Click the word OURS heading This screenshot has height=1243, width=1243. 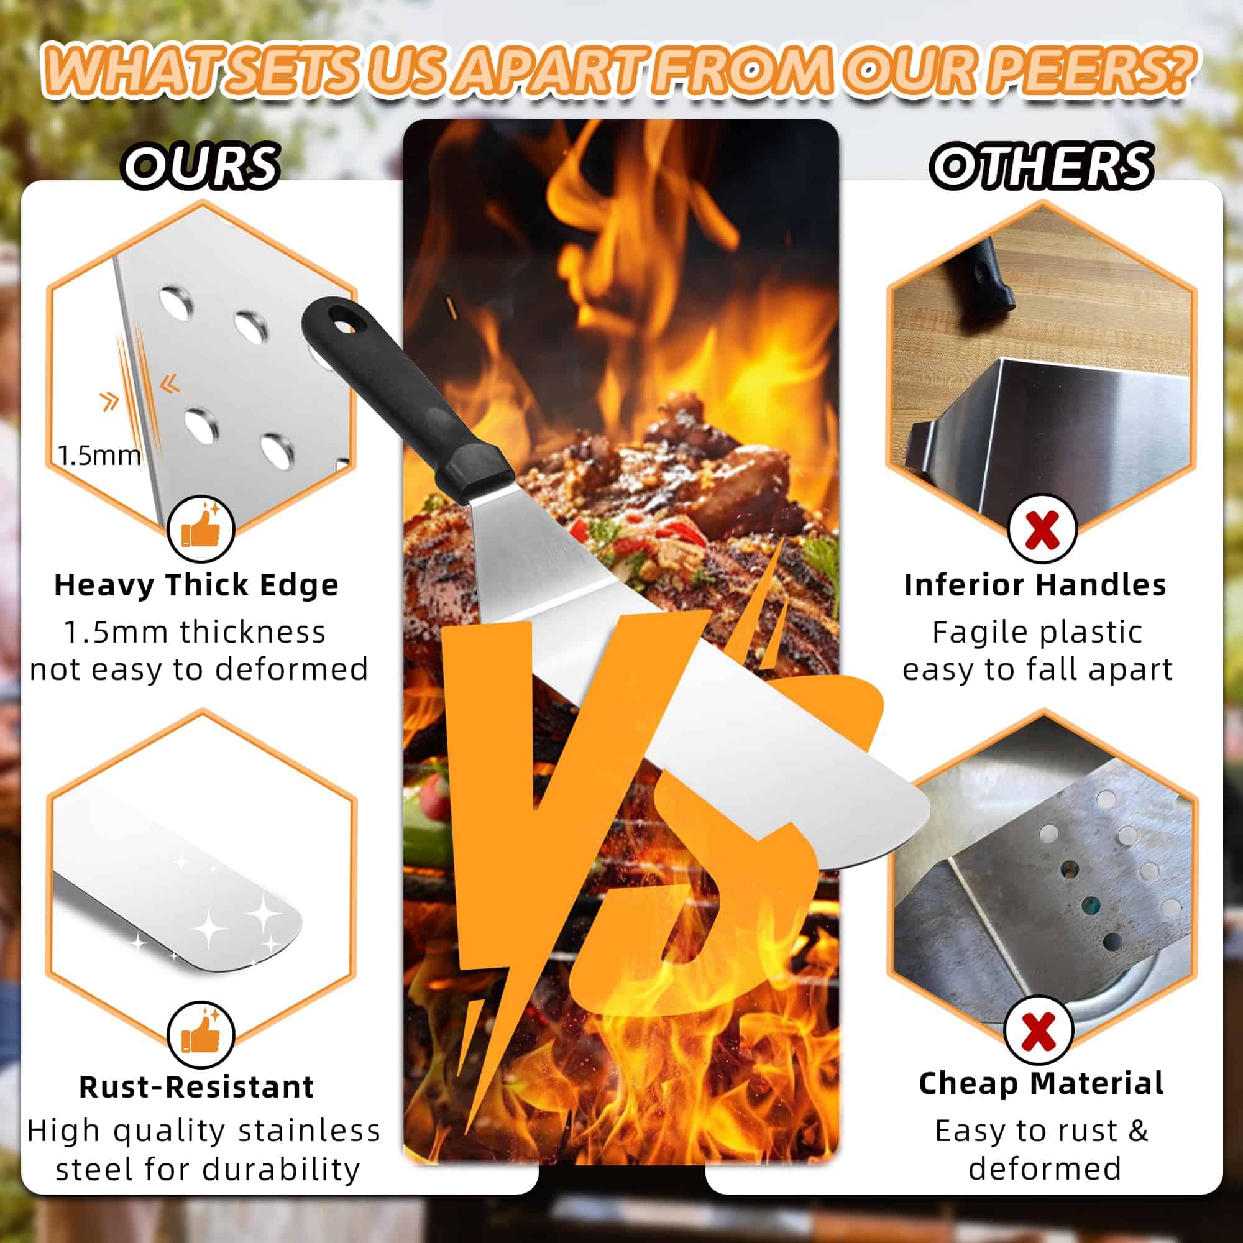[201, 166]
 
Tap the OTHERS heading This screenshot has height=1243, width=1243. [1041, 166]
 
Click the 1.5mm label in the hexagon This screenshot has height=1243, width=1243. [99, 456]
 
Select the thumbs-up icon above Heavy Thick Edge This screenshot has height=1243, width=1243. [201, 529]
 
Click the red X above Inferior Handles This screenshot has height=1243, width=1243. [1042, 529]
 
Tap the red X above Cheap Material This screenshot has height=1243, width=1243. [1038, 1029]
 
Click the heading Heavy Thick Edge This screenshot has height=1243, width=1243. [196, 585]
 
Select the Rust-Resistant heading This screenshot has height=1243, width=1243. [196, 1086]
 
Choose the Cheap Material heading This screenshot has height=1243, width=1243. [1040, 1083]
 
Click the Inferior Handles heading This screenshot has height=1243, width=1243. [1035, 585]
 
